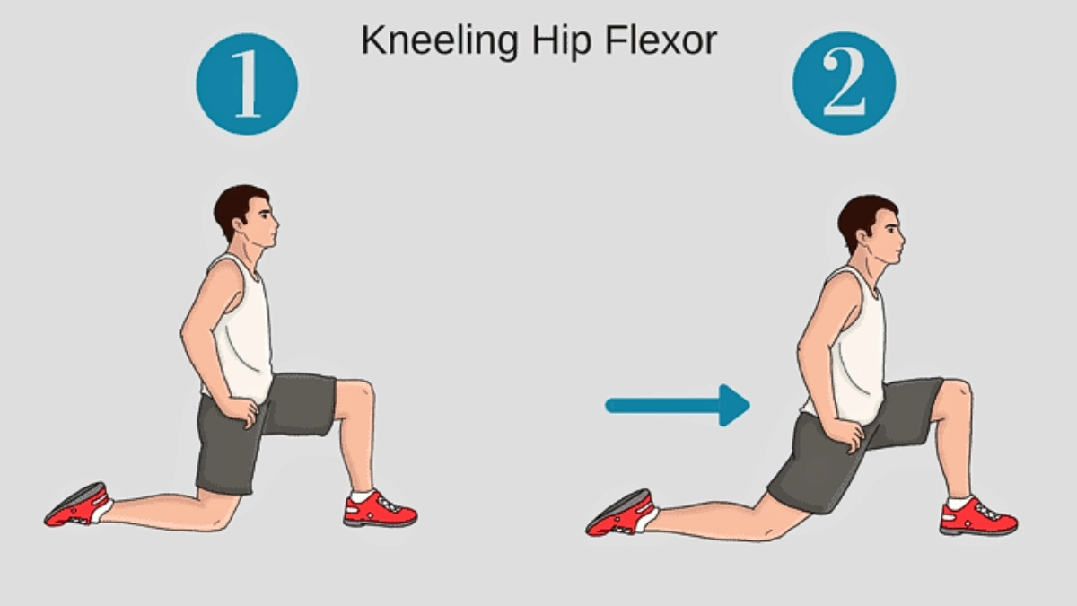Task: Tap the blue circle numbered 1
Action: (247, 84)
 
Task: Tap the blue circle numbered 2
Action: (845, 83)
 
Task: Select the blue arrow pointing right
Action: (678, 406)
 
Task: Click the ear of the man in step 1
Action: (239, 224)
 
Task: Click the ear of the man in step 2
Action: (864, 235)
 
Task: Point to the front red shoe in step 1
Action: (380, 509)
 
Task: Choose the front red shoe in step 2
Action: (978, 517)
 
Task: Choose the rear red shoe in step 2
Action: (620, 514)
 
